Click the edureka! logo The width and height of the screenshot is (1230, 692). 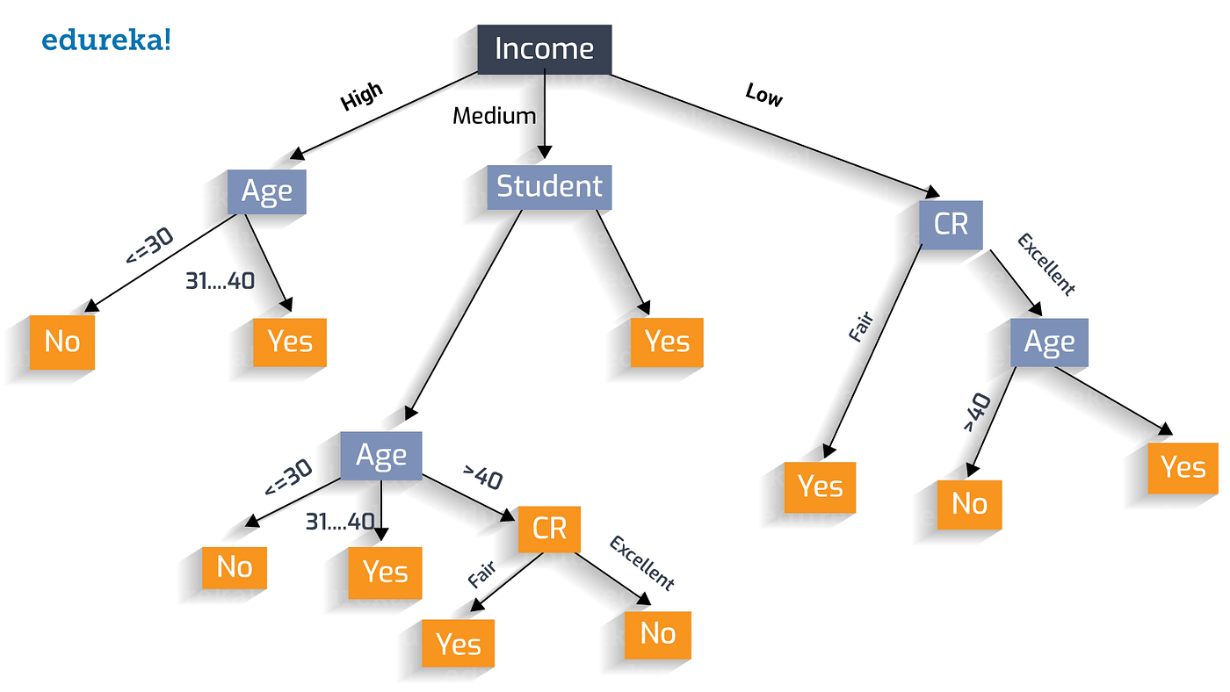106,40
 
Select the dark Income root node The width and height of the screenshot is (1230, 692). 544,49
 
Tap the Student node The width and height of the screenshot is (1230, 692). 549,187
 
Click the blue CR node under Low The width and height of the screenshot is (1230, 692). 951,224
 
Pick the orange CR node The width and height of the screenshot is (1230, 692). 549,529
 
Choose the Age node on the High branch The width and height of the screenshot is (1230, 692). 266,191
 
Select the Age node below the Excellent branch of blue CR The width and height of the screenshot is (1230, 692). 1049,342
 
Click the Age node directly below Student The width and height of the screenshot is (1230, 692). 380,456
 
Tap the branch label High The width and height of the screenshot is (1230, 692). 362,97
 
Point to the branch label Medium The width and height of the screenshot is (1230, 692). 494,115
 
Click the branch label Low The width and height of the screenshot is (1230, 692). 763,95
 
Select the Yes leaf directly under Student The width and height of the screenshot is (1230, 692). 667,342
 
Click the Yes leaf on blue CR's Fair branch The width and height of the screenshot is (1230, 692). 820,487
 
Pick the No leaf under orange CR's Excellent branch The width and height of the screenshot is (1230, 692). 657,633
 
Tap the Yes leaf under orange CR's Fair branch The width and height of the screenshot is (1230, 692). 458,644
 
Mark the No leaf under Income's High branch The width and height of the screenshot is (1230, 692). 61,342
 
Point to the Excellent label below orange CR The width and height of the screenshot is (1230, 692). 642,563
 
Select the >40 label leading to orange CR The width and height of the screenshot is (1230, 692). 482,479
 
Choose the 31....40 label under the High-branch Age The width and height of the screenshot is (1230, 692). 220,281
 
